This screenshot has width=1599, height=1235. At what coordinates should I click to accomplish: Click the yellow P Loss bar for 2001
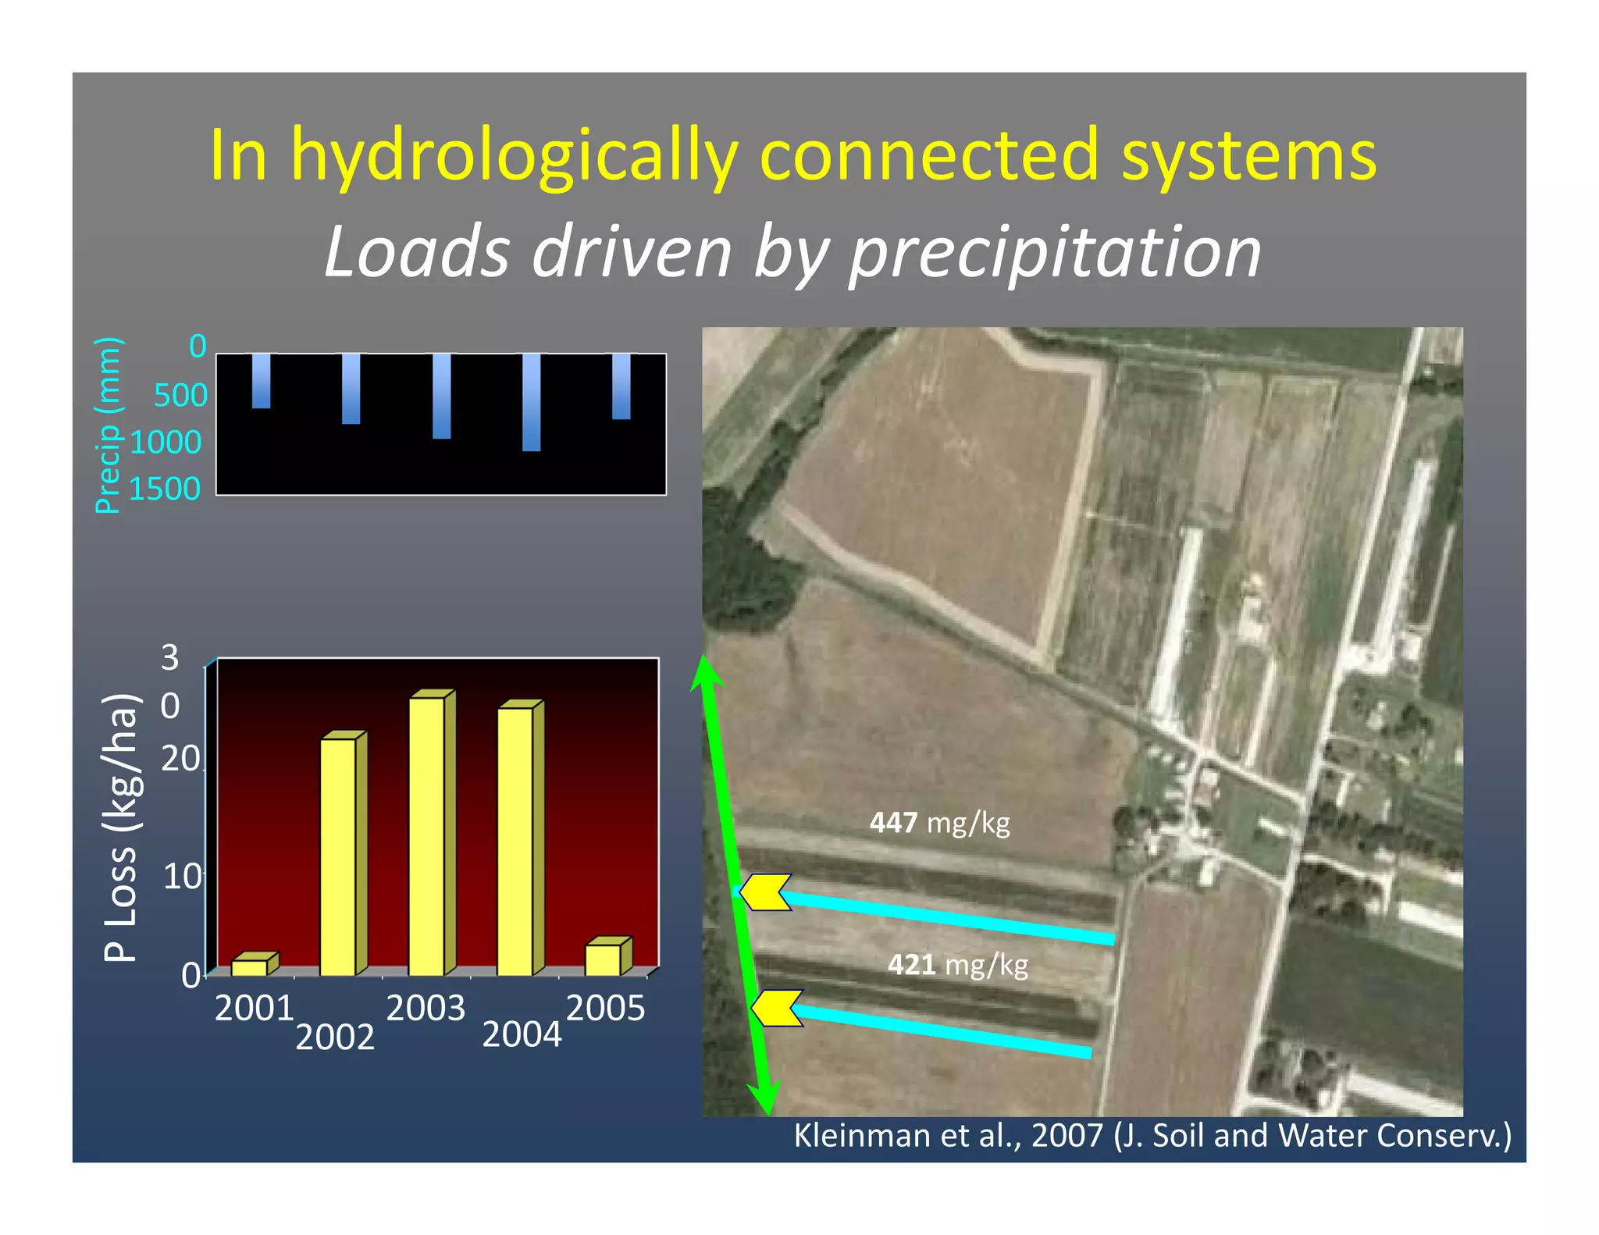(250, 967)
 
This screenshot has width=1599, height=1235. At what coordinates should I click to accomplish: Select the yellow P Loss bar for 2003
(427, 835)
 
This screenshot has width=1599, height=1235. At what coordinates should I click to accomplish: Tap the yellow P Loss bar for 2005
(604, 959)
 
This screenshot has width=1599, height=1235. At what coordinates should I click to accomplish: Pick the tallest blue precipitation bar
(531, 402)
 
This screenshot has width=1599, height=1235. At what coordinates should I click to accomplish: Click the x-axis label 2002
(335, 1037)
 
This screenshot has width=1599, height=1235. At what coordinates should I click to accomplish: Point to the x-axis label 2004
(522, 1035)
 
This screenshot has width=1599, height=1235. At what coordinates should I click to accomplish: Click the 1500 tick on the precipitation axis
(165, 489)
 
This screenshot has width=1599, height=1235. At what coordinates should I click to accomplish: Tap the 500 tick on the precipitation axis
(180, 396)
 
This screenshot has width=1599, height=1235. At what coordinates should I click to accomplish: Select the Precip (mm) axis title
(108, 425)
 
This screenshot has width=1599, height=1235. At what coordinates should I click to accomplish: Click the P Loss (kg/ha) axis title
(121, 827)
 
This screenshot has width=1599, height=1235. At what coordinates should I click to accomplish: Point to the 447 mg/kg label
(939, 823)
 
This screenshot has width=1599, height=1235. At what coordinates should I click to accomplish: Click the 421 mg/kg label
(957, 966)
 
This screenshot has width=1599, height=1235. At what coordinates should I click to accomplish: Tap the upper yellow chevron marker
(765, 892)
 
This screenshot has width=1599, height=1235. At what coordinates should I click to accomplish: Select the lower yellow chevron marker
(777, 1008)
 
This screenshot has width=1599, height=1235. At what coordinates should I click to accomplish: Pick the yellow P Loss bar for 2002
(338, 856)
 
